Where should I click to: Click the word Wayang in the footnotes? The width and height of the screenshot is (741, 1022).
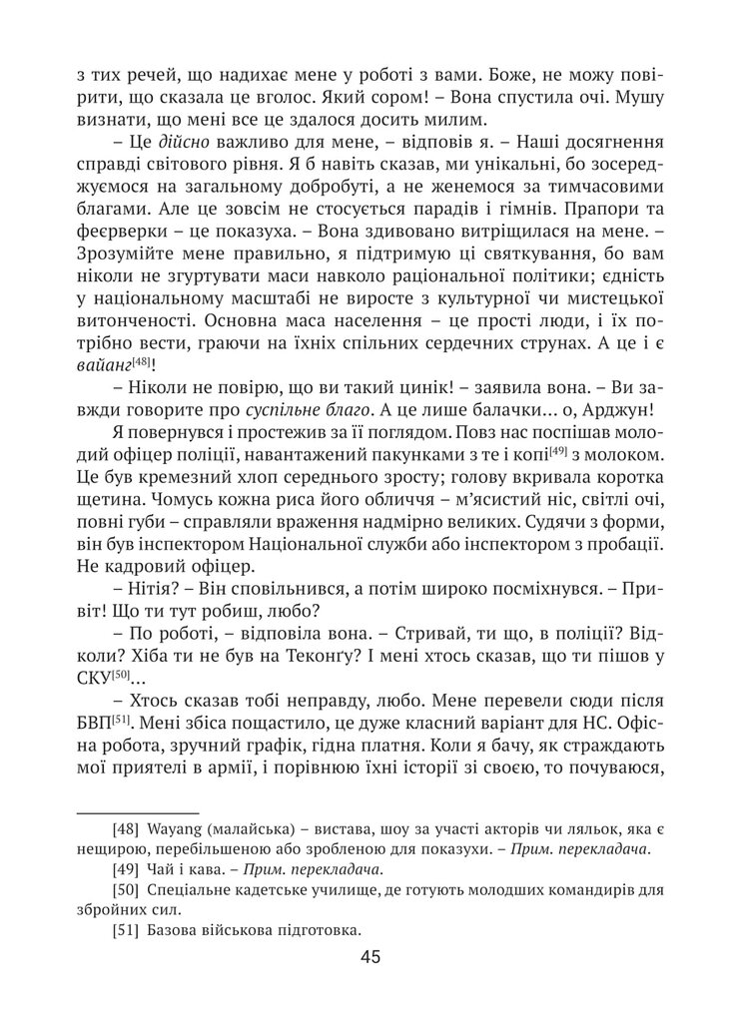point(177,828)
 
